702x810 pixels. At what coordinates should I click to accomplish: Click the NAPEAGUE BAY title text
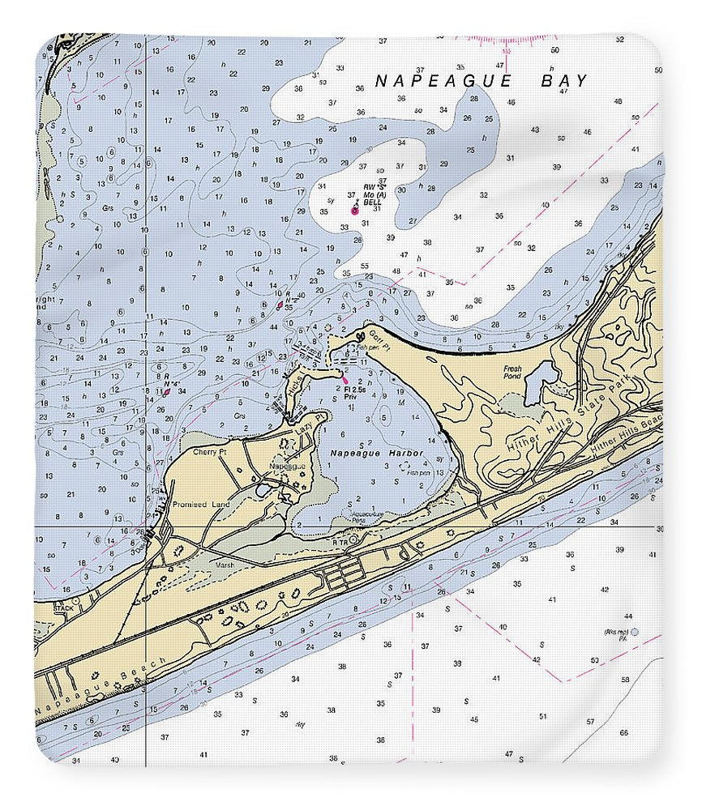tap(482, 80)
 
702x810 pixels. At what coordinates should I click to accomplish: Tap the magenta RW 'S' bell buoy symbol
tap(354, 210)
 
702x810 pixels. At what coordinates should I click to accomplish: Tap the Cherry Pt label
tap(210, 452)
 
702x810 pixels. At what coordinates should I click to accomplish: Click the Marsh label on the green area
tap(225, 566)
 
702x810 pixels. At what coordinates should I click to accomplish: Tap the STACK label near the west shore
tap(63, 605)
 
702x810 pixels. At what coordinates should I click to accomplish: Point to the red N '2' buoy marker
tap(280, 305)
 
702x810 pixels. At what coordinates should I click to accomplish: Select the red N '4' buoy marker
tap(166, 390)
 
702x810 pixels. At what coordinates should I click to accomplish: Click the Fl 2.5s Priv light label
tap(357, 392)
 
